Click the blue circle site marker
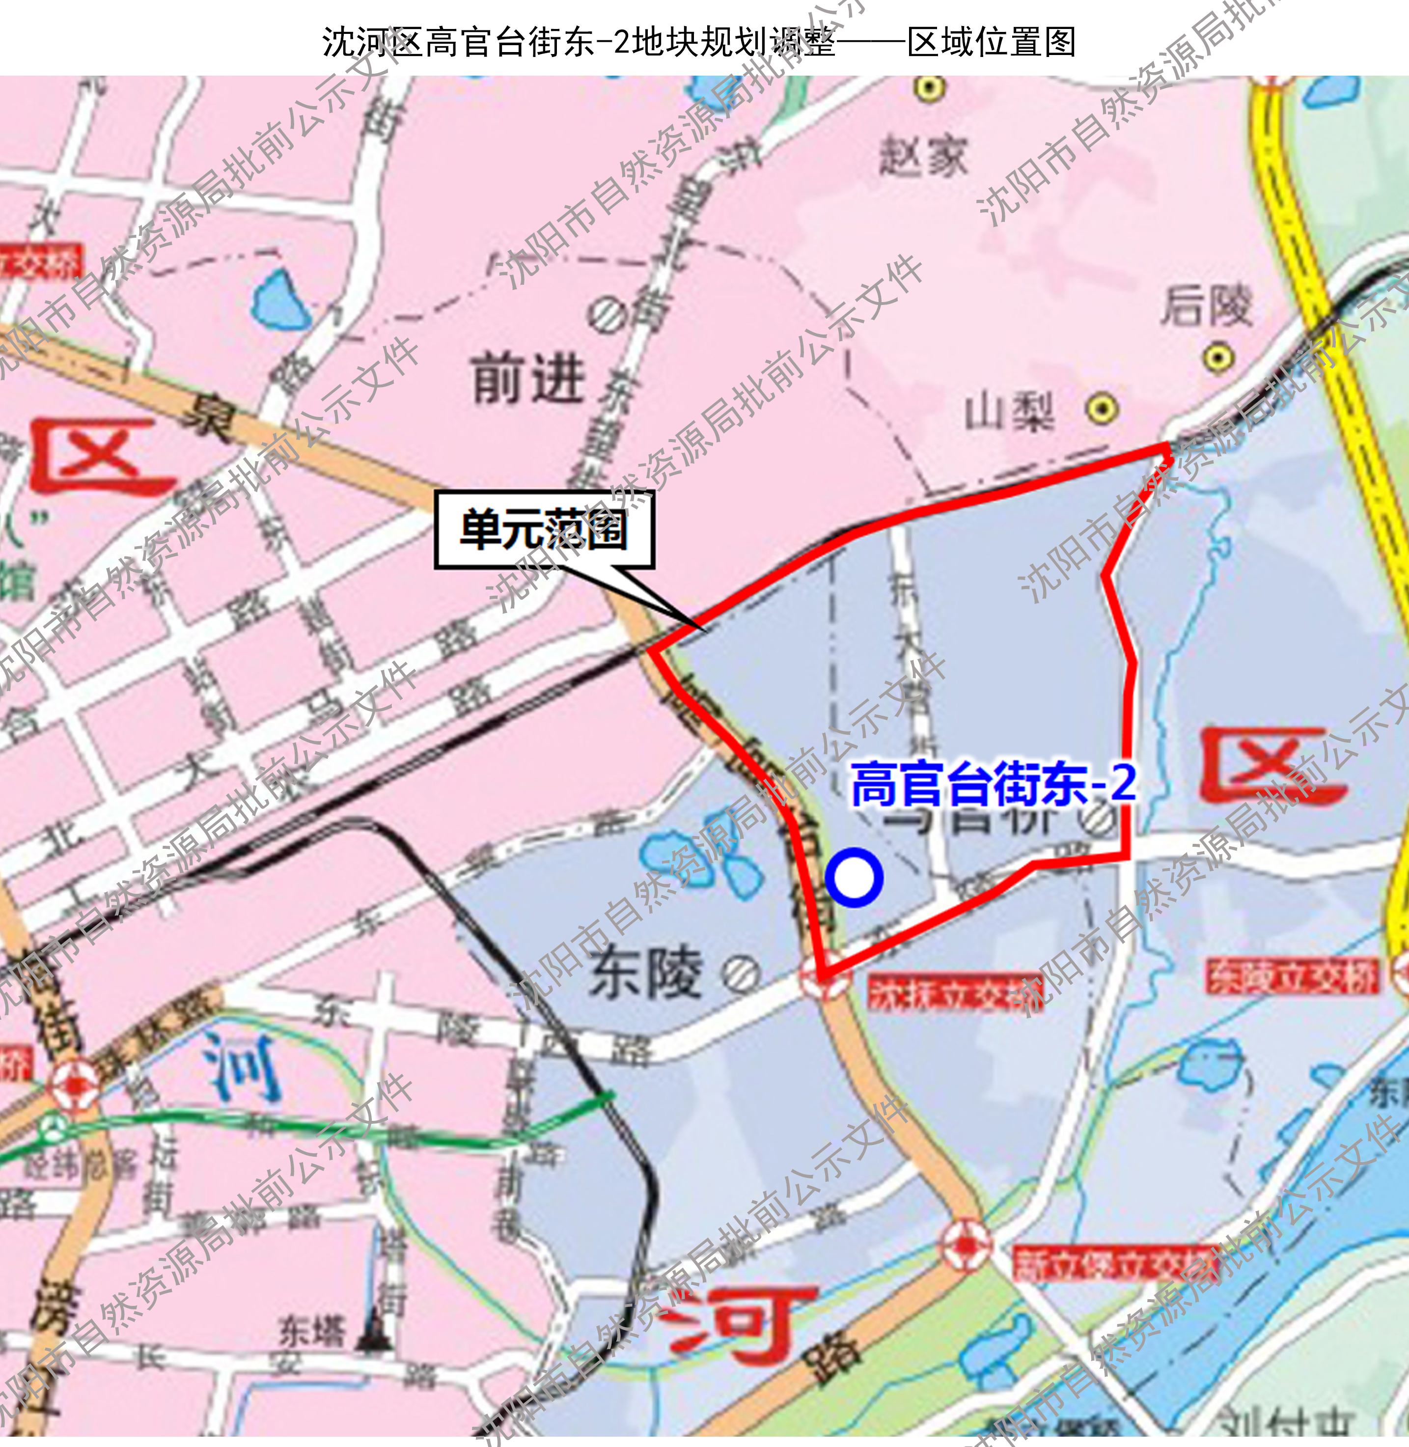click(x=854, y=878)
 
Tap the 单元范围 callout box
click(x=544, y=530)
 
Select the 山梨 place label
click(x=1009, y=412)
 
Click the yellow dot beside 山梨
click(x=1102, y=409)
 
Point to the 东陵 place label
click(x=645, y=974)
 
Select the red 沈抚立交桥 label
click(x=955, y=993)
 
